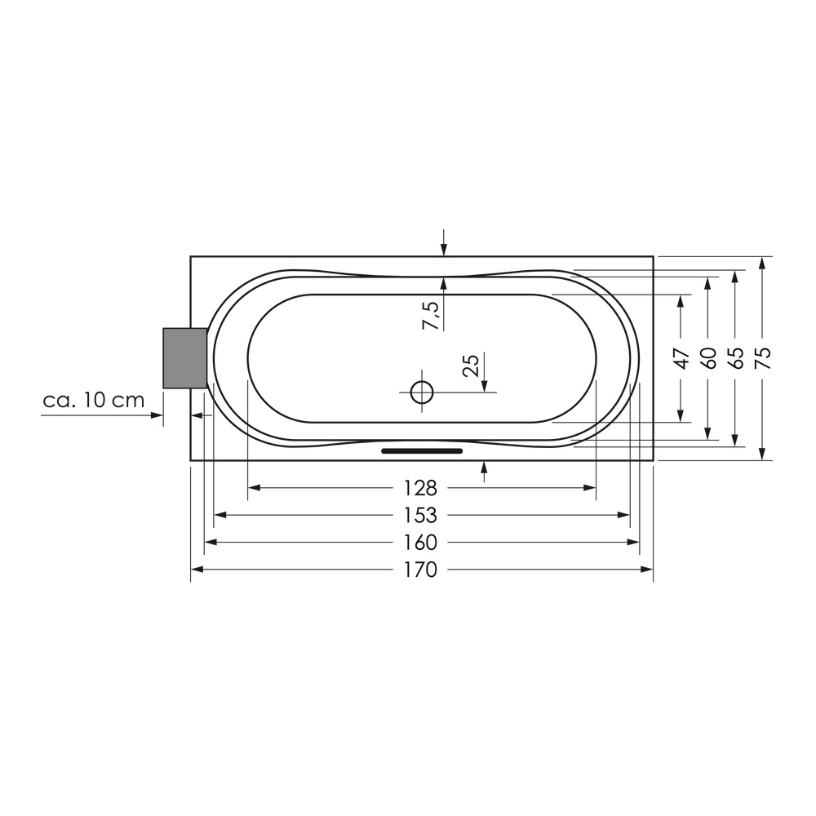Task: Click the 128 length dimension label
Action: pyautogui.click(x=420, y=488)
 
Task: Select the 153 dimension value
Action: pyautogui.click(x=420, y=515)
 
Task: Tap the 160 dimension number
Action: pyautogui.click(x=420, y=543)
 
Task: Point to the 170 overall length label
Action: pyautogui.click(x=420, y=570)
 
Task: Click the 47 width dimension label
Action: pyautogui.click(x=681, y=358)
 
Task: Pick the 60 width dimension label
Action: pyautogui.click(x=709, y=358)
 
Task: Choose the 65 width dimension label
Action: pyautogui.click(x=736, y=358)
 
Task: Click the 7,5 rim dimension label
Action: pyautogui.click(x=430, y=315)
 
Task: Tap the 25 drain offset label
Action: pyautogui.click(x=471, y=366)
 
